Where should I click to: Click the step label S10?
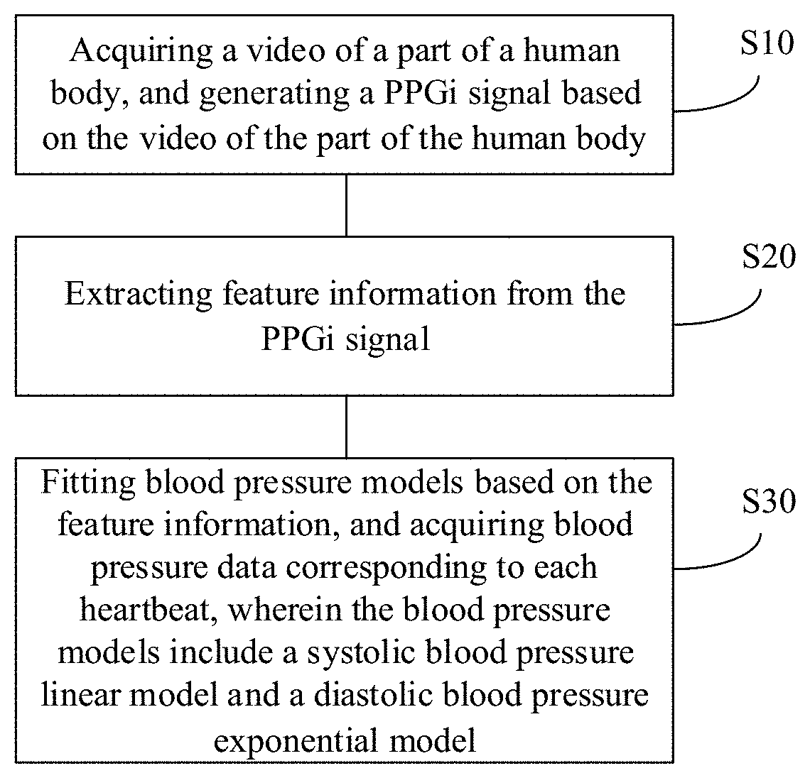click(x=766, y=44)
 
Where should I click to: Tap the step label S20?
click(x=767, y=258)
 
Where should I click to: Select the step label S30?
click(x=767, y=503)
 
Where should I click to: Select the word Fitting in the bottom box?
click(x=89, y=483)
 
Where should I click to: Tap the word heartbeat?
click(x=148, y=610)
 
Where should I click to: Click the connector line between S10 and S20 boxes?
click(x=346, y=204)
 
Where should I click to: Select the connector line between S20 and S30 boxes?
click(x=346, y=426)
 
